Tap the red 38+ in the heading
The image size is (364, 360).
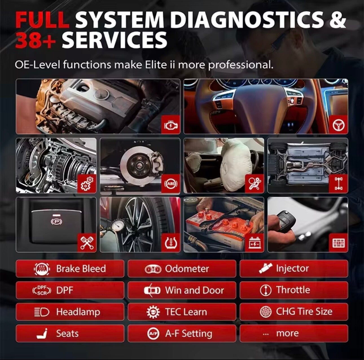pos(35,40)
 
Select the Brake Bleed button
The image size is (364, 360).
pos(70,268)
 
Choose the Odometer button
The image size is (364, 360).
pos(182,268)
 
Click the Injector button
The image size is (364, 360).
pos(294,268)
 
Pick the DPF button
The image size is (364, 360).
pos(70,290)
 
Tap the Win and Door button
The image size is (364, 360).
pos(182,290)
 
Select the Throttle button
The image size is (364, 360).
pos(294,290)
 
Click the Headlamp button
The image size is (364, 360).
pos(70,312)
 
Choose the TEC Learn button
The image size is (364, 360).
pos(182,312)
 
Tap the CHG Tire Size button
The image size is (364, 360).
pos(294,312)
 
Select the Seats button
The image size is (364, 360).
pos(70,334)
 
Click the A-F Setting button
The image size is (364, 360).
pos(182,334)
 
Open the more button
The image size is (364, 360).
pos(294,334)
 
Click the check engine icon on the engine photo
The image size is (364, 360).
pos(171,125)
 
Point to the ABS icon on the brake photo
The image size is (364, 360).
pos(171,184)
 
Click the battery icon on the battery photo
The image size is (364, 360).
pos(255,243)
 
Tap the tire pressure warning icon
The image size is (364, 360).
pos(171,243)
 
